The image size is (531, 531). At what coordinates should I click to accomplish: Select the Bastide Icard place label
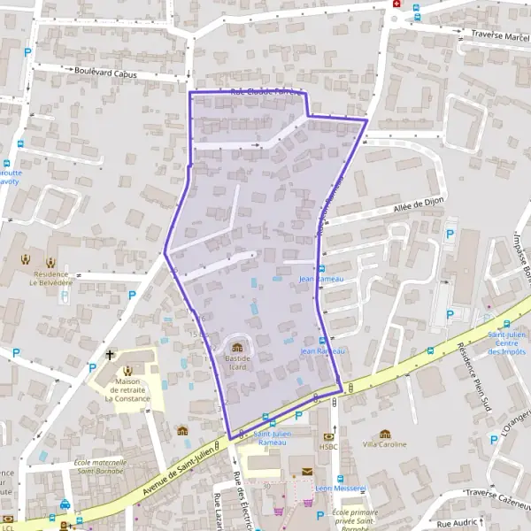[x=237, y=363]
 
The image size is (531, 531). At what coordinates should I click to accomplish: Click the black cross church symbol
[x=110, y=355]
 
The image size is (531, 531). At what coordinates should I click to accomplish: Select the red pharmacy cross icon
[x=396, y=4]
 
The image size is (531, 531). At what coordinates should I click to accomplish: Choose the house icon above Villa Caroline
[x=384, y=434]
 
